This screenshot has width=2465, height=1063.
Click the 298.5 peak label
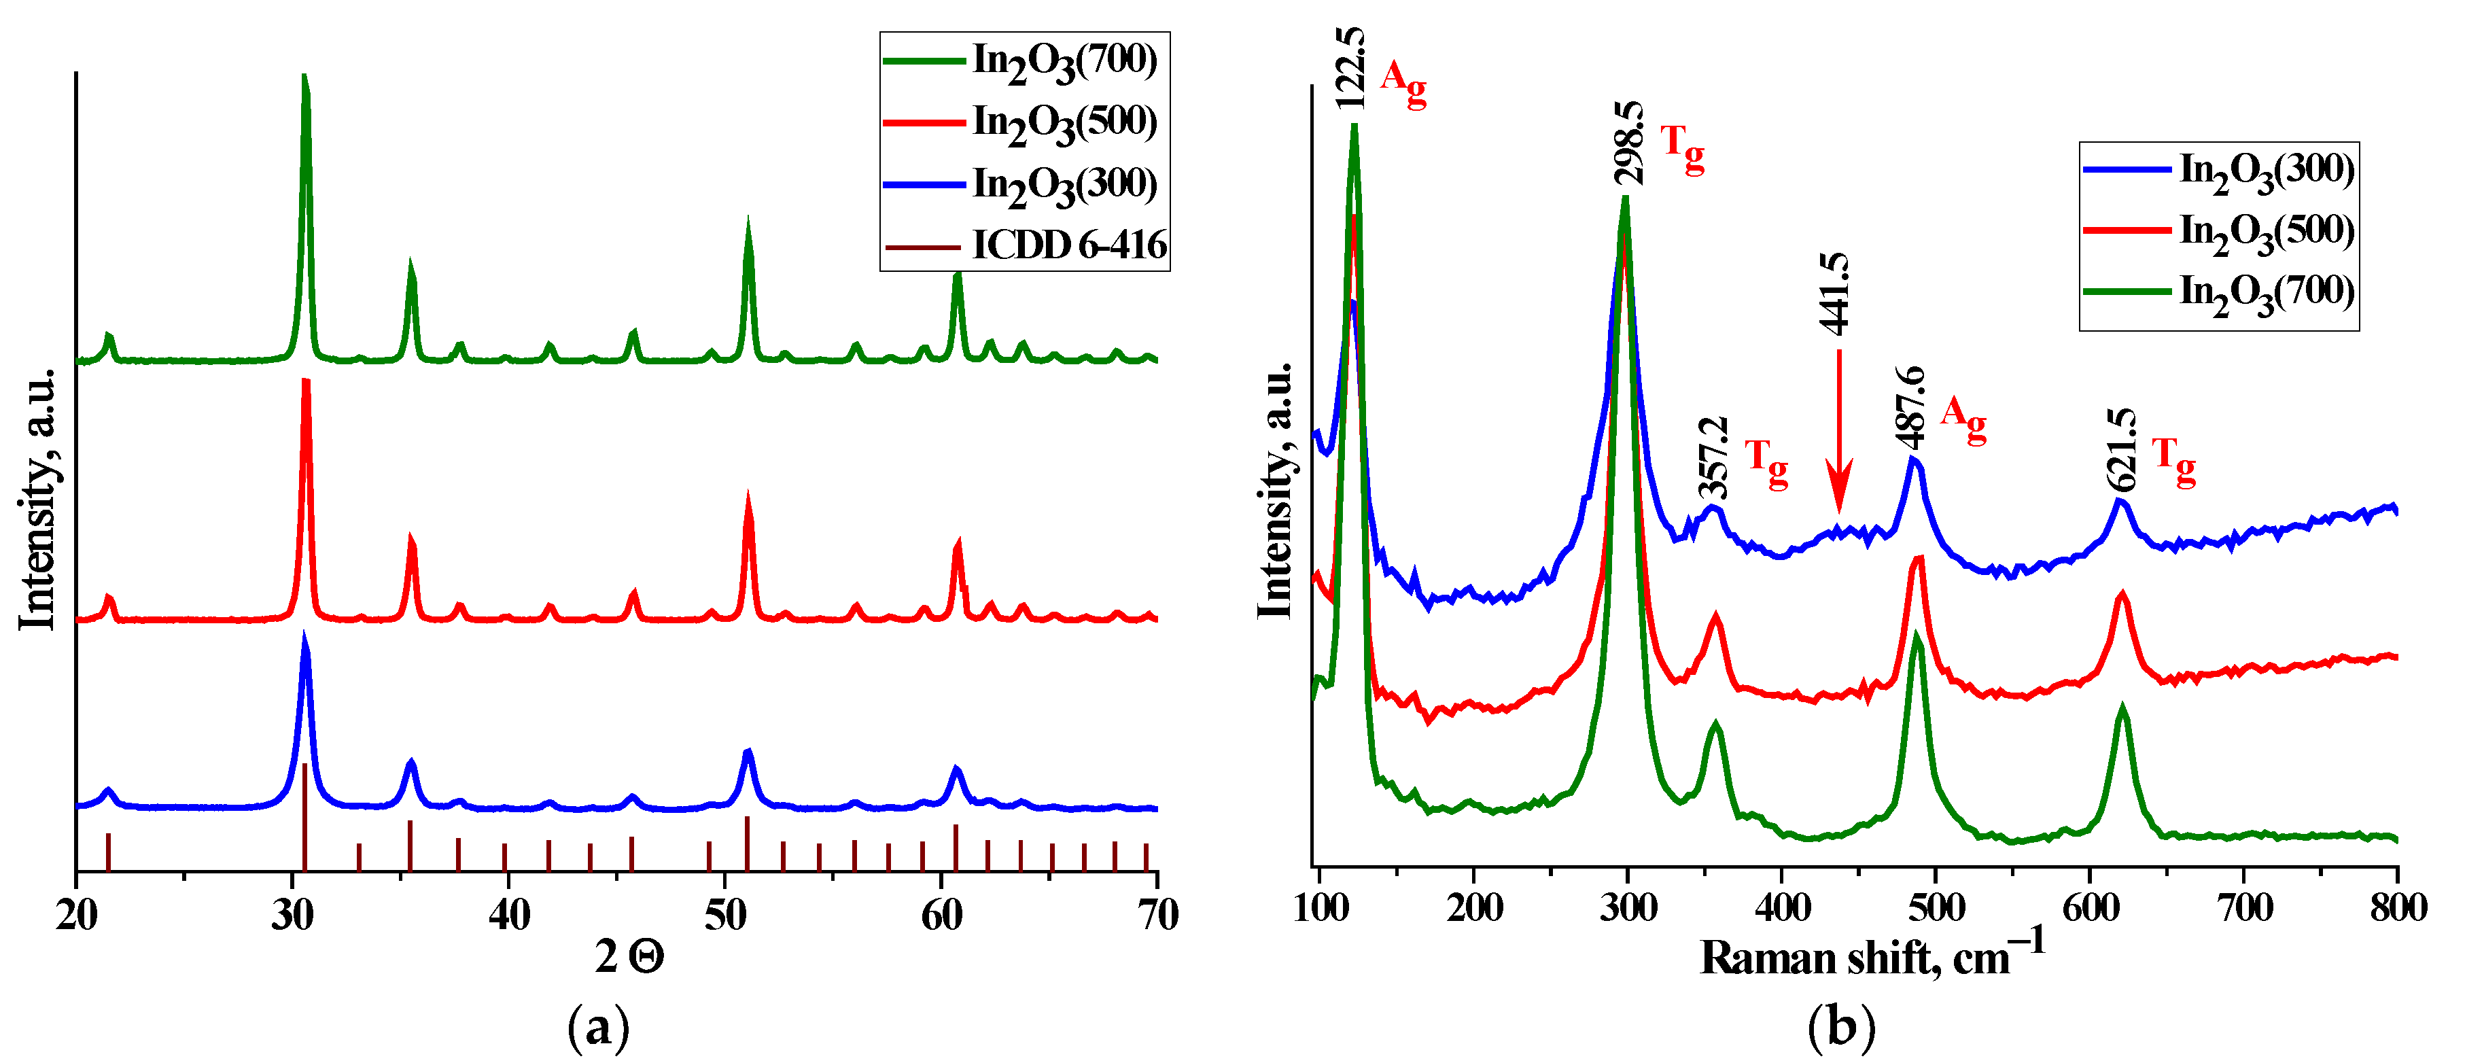[1628, 143]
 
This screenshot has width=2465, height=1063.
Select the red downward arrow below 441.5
[1838, 430]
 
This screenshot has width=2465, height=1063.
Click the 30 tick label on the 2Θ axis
[292, 915]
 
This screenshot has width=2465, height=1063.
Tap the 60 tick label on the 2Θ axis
[941, 915]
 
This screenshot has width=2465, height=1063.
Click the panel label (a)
[598, 1028]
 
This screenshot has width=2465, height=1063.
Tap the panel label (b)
[1841, 1028]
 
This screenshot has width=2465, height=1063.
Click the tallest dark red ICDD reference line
[304, 815]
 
